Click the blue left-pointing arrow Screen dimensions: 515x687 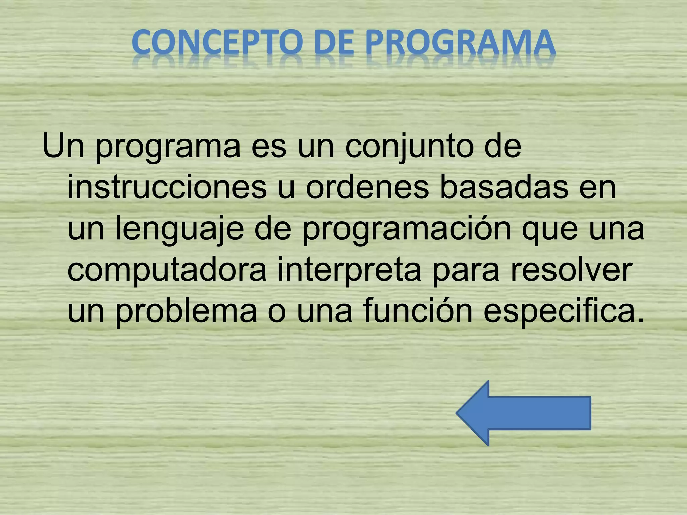523,413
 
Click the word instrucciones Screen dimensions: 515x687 167,188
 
